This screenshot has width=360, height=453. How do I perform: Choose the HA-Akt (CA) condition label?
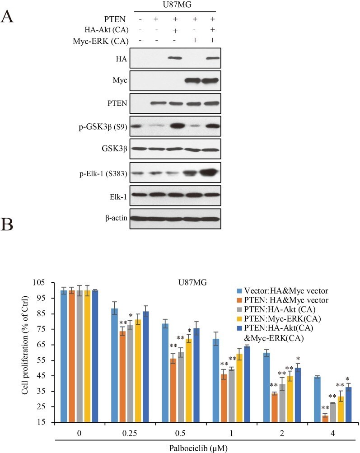point(110,29)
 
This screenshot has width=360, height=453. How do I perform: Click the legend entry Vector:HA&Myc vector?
point(278,290)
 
